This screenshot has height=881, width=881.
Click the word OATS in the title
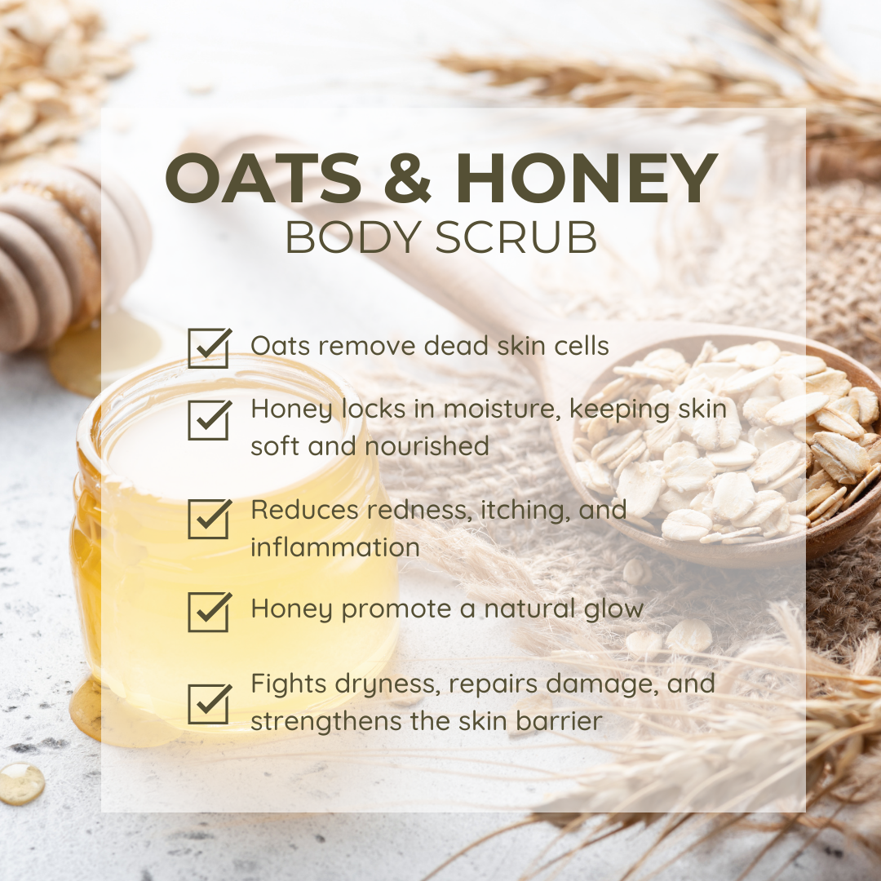(263, 178)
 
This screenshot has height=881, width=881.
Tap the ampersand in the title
(407, 178)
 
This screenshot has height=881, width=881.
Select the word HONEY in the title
(587, 178)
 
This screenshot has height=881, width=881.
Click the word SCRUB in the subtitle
(516, 237)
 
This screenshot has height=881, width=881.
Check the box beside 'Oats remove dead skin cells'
(209, 348)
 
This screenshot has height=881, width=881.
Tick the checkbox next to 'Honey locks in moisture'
(209, 420)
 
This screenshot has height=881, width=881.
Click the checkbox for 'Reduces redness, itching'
(209, 519)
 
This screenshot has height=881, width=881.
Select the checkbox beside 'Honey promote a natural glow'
(209, 611)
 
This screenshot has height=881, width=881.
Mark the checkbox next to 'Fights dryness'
(209, 703)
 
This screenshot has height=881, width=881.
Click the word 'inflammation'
(335, 547)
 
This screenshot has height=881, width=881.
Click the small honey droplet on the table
(21, 783)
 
